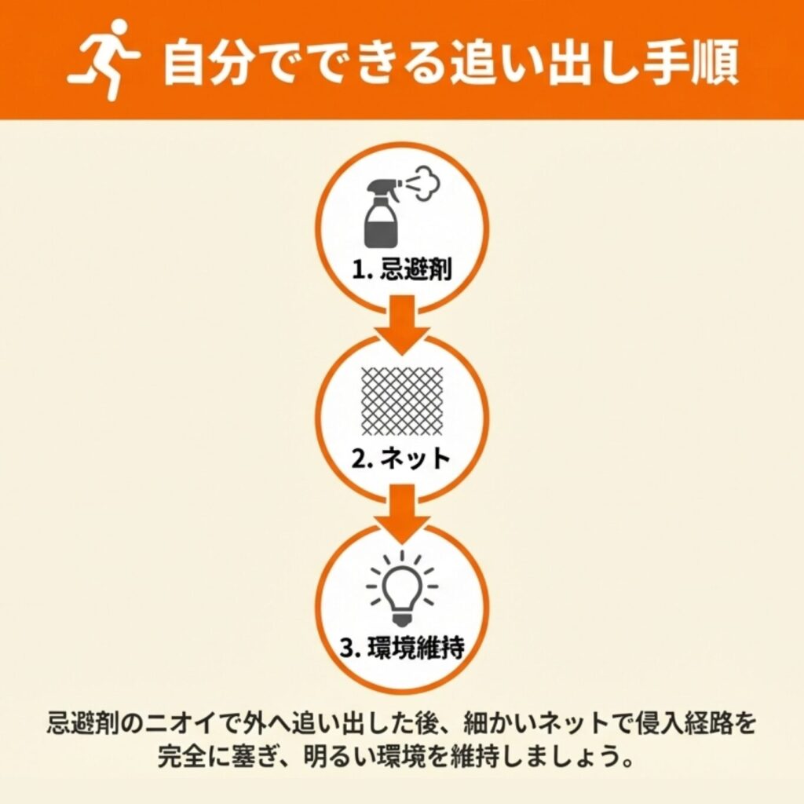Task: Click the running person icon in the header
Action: pos(104,60)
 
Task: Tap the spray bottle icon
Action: pos(382,211)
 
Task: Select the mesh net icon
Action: pos(402,401)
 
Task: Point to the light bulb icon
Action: pos(402,588)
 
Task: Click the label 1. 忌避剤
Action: pos(402,269)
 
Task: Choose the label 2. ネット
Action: pos(401,458)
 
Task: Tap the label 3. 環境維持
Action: pos(402,647)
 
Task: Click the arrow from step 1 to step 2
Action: pos(402,324)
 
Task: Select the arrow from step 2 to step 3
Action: pos(402,513)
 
